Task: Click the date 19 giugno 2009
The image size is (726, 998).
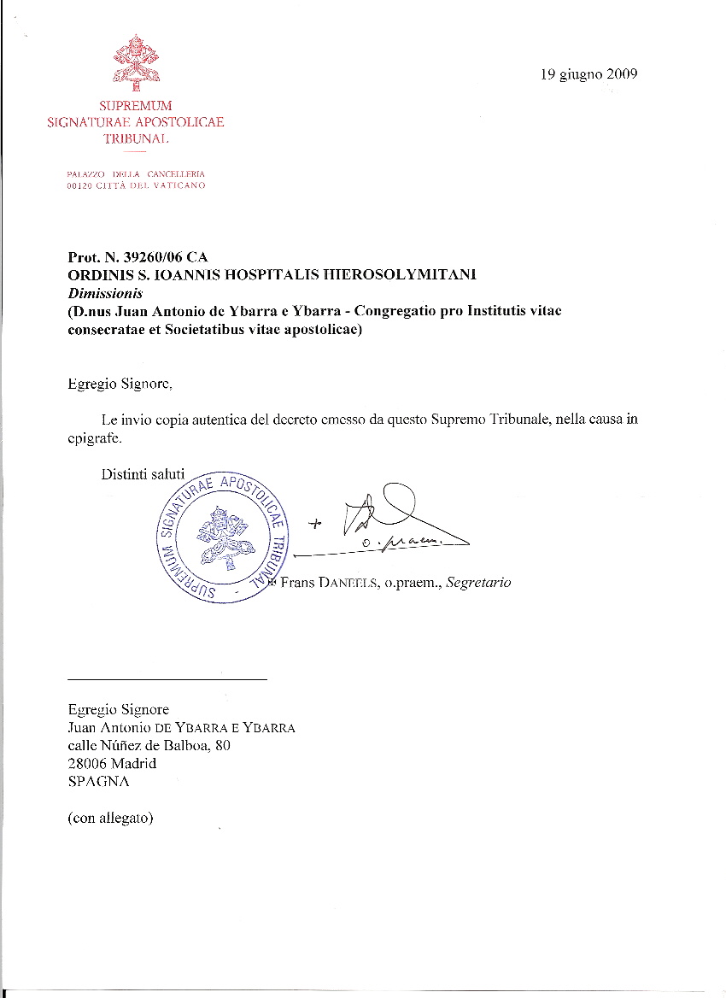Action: point(588,74)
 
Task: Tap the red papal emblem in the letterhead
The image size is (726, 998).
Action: point(135,62)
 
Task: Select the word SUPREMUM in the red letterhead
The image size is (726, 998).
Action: point(135,106)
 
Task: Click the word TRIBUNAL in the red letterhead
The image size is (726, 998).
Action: point(135,138)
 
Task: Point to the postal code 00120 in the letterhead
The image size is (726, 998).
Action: point(79,185)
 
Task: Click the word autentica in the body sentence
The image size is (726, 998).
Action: point(214,420)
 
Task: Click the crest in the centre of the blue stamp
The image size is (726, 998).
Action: point(220,537)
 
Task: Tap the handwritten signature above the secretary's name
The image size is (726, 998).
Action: point(401,521)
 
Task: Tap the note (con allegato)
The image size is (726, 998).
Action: point(110,818)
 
